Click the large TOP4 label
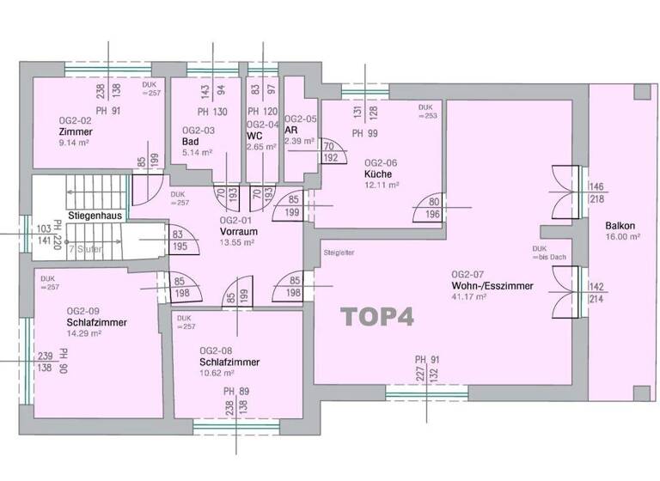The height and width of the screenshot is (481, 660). point(379,317)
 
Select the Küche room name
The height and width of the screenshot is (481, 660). point(378,173)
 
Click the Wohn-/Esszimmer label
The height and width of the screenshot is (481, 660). point(493,285)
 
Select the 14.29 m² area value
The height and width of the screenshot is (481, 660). point(83,334)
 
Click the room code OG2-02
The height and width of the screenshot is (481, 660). point(76,121)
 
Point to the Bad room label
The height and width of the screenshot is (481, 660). point(191,142)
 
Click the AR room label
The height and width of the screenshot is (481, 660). point(290,130)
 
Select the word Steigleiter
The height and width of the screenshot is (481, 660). point(339,253)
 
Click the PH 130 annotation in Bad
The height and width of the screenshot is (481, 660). point(211,113)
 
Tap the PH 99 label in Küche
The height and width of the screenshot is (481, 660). point(365,133)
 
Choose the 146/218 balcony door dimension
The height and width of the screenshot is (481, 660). point(596,192)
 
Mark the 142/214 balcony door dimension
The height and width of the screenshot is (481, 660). point(596,293)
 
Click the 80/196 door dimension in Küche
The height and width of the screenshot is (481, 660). point(431,209)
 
